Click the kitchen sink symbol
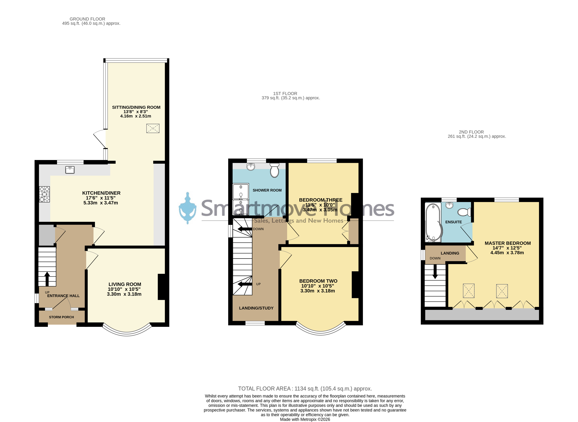(x=70, y=170)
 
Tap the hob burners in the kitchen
(x=45, y=194)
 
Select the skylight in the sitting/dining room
(x=153, y=128)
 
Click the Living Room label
(x=125, y=284)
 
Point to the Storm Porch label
(x=61, y=317)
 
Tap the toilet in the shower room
(x=274, y=170)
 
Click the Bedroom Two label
(x=318, y=281)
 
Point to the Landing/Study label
(x=256, y=308)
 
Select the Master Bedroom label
(x=508, y=243)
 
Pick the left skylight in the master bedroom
(x=469, y=291)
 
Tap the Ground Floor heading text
(x=88, y=19)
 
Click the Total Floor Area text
(x=305, y=388)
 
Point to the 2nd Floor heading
(x=471, y=132)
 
